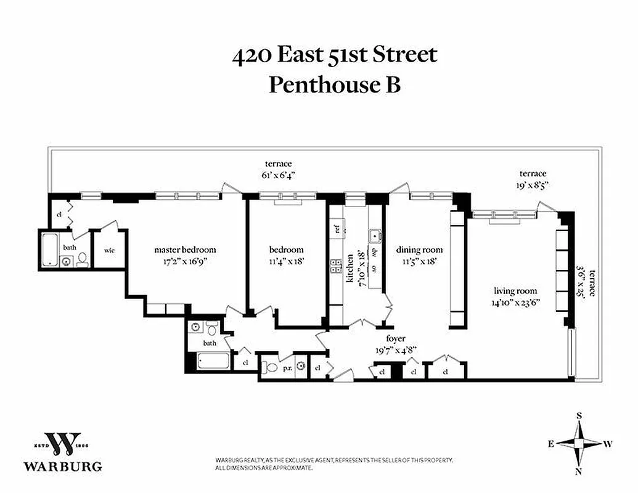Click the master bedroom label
[185, 250]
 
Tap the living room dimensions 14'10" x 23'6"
[515, 302]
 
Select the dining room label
[419, 250]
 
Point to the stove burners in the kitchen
[337, 266]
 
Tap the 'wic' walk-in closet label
[109, 250]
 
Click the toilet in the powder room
[269, 368]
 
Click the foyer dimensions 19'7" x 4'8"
[396, 349]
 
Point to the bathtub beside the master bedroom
[49, 248]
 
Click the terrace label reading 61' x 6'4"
[278, 174]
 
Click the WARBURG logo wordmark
[63, 466]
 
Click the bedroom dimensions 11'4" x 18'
[287, 261]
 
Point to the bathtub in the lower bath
[212, 361]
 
